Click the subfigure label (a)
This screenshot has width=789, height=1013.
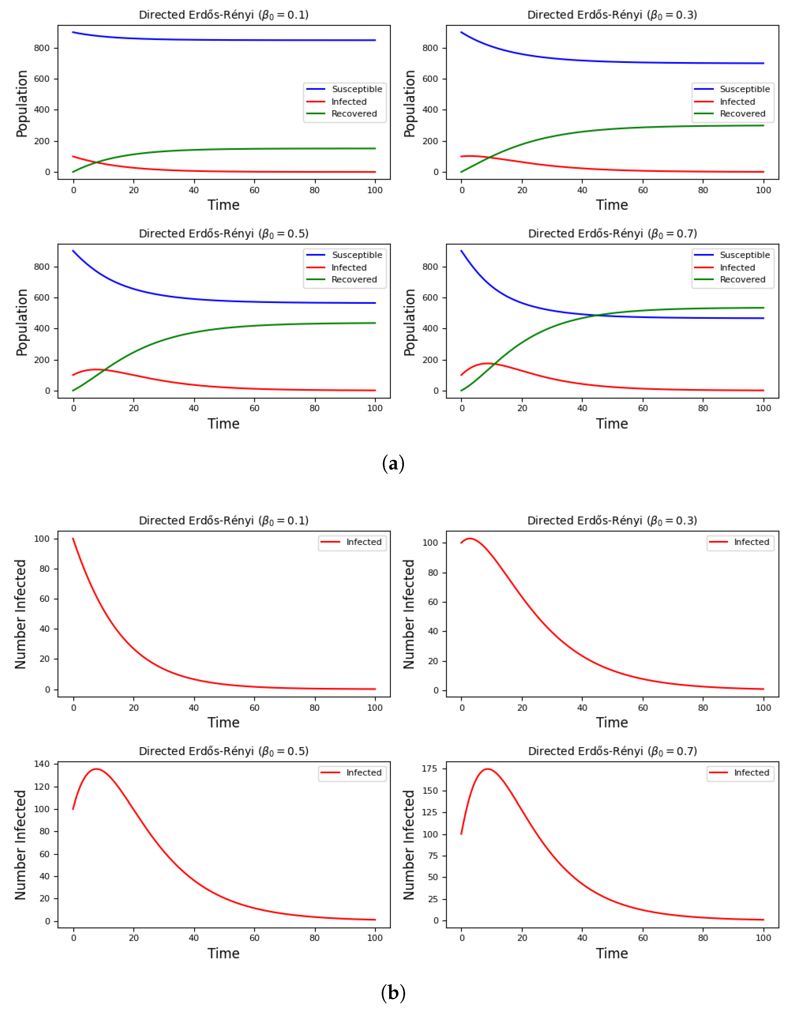393,463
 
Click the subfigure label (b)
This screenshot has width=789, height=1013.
393,993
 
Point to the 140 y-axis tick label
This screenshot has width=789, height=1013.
42,764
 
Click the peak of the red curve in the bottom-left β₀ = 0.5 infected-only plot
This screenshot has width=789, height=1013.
96,769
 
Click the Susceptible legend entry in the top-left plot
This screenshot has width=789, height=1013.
344,89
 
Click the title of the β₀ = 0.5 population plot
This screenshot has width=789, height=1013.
224,233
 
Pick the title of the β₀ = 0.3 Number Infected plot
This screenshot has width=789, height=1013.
612,521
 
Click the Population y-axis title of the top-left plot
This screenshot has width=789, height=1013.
21,104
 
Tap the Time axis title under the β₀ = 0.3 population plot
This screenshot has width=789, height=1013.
612,205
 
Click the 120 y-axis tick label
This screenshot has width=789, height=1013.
42,787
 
